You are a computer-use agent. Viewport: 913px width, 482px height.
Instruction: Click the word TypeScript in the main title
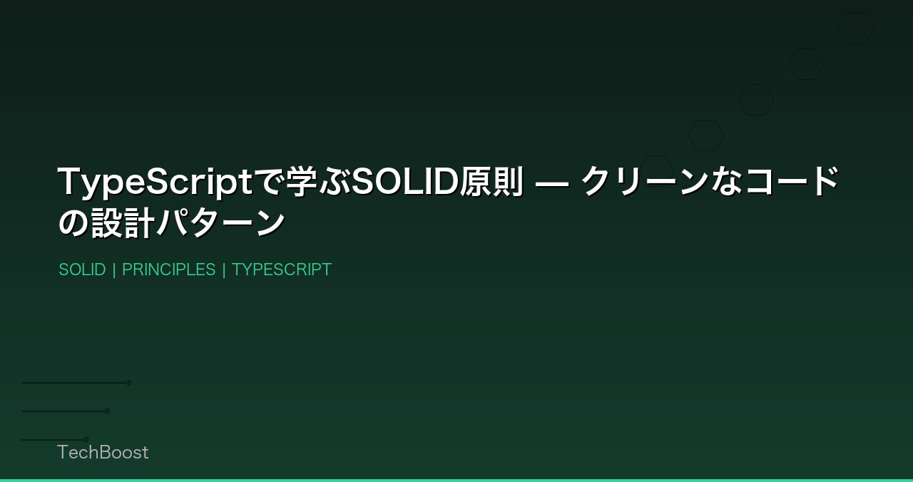[155, 182]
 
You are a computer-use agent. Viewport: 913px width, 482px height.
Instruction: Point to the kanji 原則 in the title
[491, 182]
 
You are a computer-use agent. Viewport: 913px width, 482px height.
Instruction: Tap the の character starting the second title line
[73, 223]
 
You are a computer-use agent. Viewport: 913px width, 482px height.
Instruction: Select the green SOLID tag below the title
[82, 270]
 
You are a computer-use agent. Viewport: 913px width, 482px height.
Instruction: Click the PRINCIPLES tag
[168, 270]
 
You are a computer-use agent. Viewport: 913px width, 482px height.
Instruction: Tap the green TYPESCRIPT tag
[282, 270]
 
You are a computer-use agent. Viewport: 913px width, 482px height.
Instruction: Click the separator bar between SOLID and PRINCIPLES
[114, 270]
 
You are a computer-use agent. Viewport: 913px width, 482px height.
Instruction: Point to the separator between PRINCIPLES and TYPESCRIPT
[224, 270]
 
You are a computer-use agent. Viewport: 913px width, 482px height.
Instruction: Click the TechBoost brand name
[103, 452]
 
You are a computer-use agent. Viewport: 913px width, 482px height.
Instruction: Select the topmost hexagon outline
[856, 29]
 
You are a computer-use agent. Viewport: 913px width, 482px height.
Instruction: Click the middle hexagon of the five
[756, 100]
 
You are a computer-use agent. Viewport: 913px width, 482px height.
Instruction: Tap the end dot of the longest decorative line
[129, 383]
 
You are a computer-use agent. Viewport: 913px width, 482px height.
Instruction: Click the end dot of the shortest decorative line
[86, 439]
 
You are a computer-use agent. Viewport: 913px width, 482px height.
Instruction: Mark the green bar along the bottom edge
[456, 480]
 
